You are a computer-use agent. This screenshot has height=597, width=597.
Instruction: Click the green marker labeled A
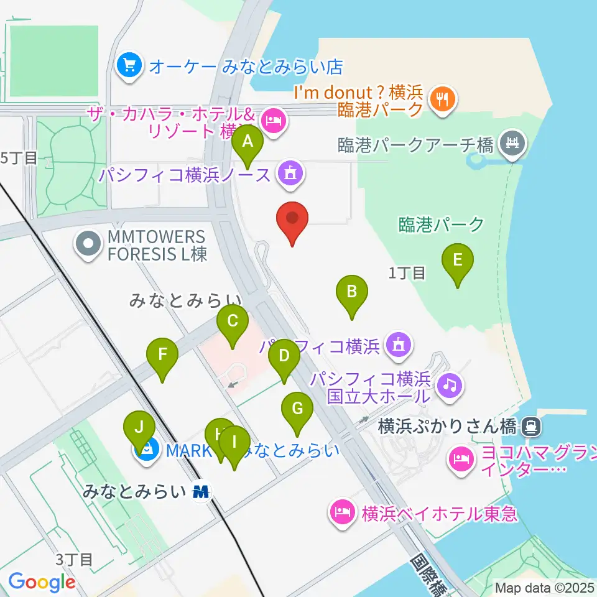tap(248, 142)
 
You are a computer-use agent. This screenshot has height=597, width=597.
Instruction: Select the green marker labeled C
tap(233, 322)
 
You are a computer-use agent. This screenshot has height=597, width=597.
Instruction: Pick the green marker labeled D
tap(284, 356)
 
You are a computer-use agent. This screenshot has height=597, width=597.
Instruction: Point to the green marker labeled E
tap(458, 260)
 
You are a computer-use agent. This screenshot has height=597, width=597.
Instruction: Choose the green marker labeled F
tap(162, 355)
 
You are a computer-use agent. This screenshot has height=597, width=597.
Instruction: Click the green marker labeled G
tap(297, 409)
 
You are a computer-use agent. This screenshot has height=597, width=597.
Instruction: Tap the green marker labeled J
tap(139, 428)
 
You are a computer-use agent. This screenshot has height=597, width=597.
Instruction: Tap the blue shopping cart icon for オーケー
tap(129, 65)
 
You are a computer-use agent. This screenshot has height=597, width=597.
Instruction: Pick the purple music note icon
tap(450, 386)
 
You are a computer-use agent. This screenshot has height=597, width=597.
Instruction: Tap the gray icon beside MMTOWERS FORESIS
tap(89, 244)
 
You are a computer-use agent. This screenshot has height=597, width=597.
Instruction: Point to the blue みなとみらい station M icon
tap(201, 492)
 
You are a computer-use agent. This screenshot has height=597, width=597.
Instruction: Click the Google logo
tap(42, 581)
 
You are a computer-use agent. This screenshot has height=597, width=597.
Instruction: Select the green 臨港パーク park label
tap(441, 224)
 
